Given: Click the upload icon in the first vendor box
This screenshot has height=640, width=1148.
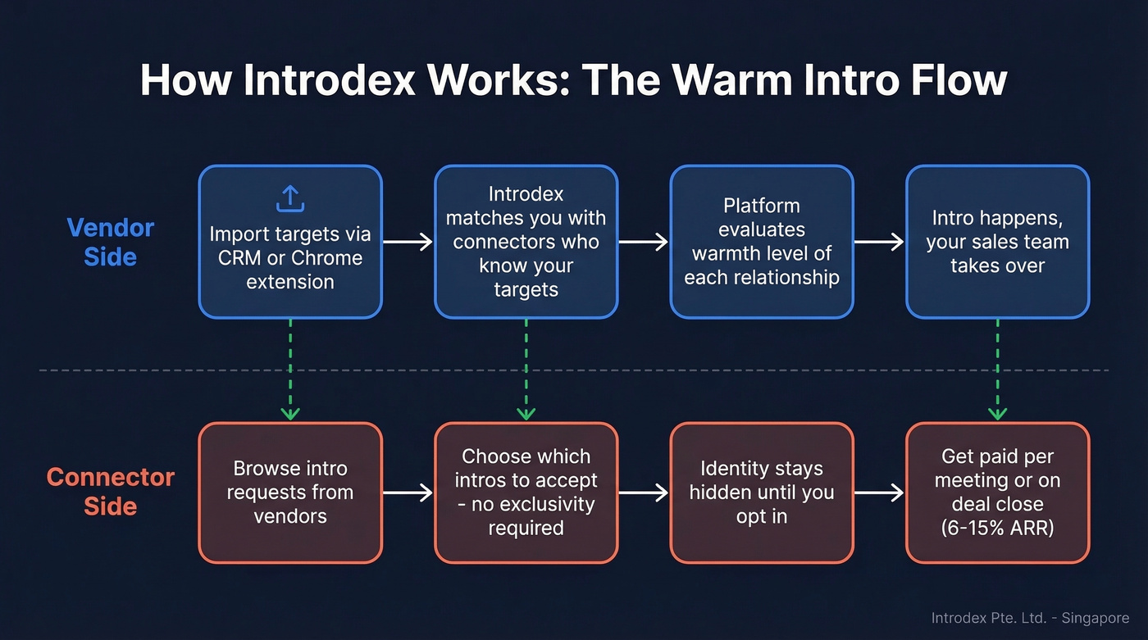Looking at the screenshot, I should (290, 198).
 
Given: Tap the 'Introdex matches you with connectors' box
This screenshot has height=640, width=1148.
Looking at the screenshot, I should (526, 242).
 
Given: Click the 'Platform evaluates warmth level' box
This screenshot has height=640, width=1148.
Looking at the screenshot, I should (761, 242).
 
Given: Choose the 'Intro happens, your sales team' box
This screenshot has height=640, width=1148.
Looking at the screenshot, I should (997, 242).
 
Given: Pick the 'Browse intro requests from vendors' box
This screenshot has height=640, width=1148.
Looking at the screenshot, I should (290, 492).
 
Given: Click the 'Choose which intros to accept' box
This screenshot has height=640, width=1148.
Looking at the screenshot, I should (526, 492).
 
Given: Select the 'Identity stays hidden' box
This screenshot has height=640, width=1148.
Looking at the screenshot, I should (761, 492).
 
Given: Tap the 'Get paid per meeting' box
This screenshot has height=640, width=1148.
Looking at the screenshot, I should (997, 492).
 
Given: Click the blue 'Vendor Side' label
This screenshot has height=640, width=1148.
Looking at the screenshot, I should (110, 242).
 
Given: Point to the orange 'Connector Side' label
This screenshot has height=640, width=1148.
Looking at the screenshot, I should (110, 492).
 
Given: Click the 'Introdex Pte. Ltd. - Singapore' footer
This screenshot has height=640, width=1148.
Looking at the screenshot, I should (1030, 619).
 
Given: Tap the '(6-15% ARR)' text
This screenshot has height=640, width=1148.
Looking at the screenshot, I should (997, 529).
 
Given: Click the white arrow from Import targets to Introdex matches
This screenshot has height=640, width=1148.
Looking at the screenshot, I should (408, 242).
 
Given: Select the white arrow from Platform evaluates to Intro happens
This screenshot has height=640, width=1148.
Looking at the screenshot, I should (879, 242).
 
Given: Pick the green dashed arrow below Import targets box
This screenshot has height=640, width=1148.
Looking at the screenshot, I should (290, 369).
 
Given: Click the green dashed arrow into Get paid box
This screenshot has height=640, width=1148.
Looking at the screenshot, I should (997, 369).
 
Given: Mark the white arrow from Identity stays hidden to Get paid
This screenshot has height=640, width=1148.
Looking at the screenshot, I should (879, 492).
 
